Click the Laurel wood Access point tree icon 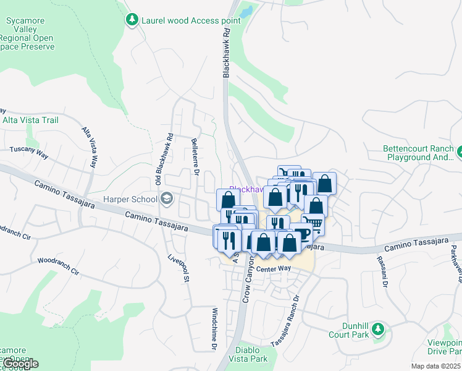[x=132, y=20]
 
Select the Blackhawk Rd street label [x=226, y=51]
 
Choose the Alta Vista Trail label [x=31, y=120]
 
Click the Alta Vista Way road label [x=90, y=148]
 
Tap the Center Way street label [x=273, y=268]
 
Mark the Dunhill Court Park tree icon [x=378, y=328]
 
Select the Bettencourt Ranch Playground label [x=418, y=153]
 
